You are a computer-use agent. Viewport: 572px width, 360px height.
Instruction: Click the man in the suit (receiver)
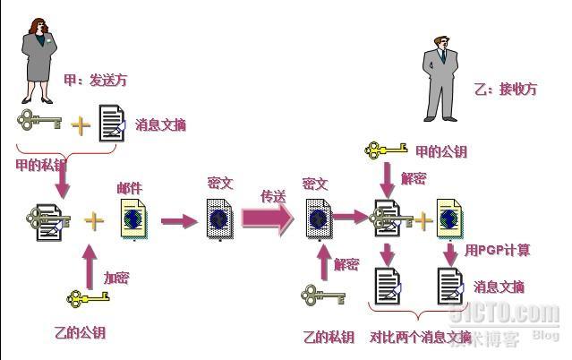[x=440, y=78]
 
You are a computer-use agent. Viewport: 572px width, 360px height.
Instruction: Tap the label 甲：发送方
[x=95, y=81]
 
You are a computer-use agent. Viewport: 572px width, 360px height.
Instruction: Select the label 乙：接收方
[x=506, y=90]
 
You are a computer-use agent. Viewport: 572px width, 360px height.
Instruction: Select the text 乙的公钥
[x=80, y=333]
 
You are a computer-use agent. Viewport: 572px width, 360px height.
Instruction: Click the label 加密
[x=116, y=278]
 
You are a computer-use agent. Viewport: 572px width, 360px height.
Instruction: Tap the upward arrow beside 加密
[x=89, y=263]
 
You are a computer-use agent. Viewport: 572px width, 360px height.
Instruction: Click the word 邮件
[x=129, y=189]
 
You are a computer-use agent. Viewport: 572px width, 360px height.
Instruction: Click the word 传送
[x=272, y=195]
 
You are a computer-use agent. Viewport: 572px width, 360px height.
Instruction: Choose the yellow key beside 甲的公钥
[x=387, y=150]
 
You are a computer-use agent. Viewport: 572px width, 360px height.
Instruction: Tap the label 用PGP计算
[x=497, y=251]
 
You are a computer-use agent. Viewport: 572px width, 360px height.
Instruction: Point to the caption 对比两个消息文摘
[x=420, y=338]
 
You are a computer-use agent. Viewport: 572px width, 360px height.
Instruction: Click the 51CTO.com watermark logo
[x=518, y=314]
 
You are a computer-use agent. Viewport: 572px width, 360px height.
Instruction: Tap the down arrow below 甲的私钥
[x=62, y=184]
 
